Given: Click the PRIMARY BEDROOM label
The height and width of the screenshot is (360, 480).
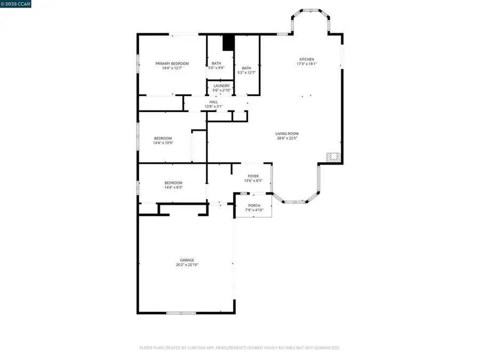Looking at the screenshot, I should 172,63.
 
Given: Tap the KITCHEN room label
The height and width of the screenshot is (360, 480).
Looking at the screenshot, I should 306,59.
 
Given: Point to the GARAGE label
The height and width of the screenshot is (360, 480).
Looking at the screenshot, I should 187,260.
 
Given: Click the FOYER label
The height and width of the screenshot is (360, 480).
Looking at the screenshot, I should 253,176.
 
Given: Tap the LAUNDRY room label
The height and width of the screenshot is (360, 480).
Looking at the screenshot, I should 221,86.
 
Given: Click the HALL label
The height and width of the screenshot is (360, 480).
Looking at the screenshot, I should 213,102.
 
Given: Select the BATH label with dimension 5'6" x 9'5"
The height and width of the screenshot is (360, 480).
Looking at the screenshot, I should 216,68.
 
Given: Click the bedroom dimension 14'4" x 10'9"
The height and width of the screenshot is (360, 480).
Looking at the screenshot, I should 163,143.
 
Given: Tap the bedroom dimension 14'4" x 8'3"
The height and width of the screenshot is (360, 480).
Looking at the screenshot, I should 173,188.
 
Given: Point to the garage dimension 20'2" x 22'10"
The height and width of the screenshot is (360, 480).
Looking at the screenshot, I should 187,265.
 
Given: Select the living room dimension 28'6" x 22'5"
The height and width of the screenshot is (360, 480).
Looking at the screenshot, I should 287,138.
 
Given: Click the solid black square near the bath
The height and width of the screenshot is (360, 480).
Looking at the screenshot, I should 228,43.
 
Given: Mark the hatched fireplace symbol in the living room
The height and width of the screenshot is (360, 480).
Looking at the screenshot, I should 333,158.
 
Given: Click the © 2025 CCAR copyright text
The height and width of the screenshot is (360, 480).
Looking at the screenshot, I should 15,4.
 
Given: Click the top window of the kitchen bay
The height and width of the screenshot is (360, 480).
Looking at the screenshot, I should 311,10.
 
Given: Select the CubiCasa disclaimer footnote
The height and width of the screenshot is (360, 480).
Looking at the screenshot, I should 240,348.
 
